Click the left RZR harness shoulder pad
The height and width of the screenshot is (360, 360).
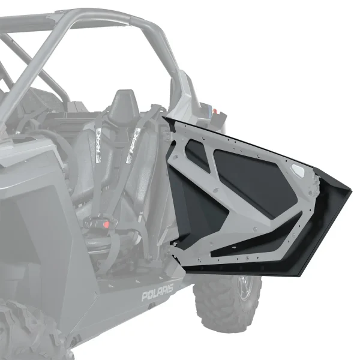tap(98, 152)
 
